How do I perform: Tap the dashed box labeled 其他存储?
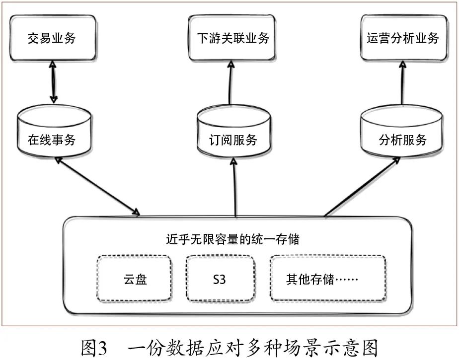click(x=328, y=279)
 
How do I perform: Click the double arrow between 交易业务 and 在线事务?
click(x=52, y=82)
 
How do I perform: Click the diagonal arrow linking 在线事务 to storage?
click(x=97, y=187)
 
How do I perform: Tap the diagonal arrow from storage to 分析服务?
click(x=363, y=187)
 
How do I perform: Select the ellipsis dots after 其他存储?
click(x=348, y=280)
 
